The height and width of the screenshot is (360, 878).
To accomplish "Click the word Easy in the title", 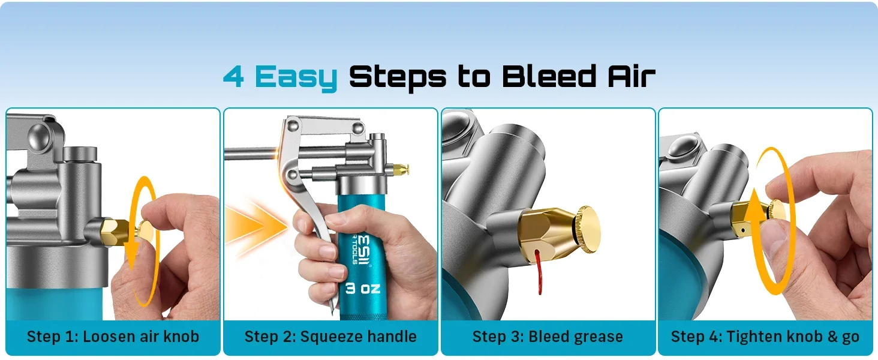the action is [x=296, y=77].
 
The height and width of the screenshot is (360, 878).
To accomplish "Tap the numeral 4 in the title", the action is [x=234, y=76].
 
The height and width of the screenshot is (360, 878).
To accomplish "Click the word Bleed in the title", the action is [x=549, y=76].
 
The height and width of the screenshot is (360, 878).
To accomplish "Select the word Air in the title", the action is [x=632, y=76].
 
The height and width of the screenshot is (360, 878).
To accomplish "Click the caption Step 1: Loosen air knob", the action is [x=113, y=337].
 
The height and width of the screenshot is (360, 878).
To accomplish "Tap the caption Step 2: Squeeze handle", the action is [x=330, y=337].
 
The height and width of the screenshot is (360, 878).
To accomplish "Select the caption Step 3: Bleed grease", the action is [x=548, y=337].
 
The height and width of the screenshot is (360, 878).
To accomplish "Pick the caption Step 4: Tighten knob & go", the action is [x=765, y=337].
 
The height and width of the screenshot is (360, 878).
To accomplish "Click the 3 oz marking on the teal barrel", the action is [x=363, y=289].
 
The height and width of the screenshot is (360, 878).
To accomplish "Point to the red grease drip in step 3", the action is [x=539, y=271].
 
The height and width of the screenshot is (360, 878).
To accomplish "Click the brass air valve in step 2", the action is [x=400, y=169].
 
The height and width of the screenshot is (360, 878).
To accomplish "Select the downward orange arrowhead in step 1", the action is [x=132, y=251].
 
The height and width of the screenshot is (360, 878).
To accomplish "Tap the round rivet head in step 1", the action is [x=38, y=136].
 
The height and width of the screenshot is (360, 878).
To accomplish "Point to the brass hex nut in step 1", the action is [x=115, y=233].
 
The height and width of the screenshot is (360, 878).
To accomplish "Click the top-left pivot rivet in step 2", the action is [x=293, y=126].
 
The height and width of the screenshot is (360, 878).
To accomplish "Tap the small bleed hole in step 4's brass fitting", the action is [x=742, y=230].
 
